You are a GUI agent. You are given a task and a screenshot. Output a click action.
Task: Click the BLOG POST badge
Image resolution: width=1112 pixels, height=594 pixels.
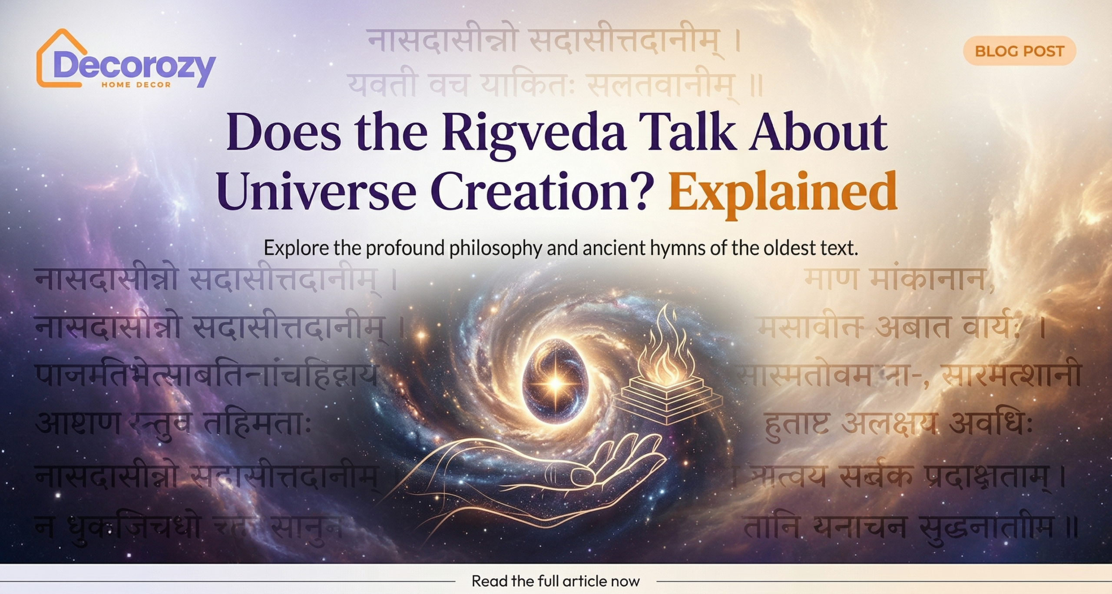(1019, 51)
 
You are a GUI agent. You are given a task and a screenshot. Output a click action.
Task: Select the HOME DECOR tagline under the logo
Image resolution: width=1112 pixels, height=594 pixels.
(136, 85)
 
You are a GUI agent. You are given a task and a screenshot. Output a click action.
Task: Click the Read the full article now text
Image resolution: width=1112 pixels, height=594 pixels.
(556, 581)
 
